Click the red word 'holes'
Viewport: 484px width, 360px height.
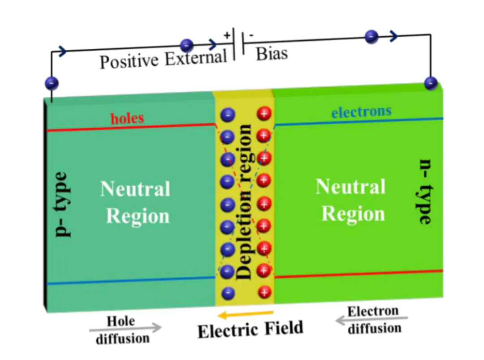coord(128,118)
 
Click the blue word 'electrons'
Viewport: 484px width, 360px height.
coord(361,111)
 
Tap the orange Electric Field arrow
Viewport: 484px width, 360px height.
coord(245,314)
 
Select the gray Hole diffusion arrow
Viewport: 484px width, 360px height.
coord(125,328)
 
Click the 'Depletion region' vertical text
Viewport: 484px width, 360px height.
coord(245,202)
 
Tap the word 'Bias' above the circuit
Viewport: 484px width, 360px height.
coord(272,54)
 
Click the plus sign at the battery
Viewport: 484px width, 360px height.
coord(227,35)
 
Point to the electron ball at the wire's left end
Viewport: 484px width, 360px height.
coord(52,83)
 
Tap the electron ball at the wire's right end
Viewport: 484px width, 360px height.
coord(430,82)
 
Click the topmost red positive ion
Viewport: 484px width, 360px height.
coord(264,114)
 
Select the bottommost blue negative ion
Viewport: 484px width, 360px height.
coord(228,293)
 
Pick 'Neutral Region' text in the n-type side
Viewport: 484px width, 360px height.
coord(351,200)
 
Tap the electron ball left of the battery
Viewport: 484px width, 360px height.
coord(186,45)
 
